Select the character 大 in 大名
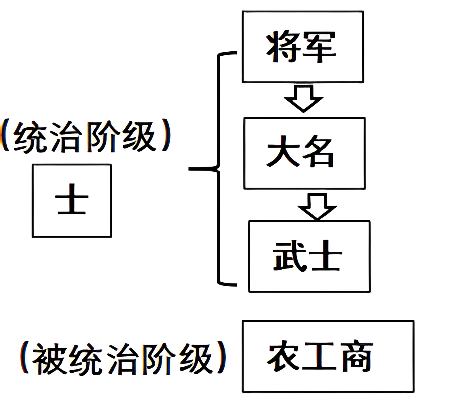click(283, 152)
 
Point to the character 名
click(319, 152)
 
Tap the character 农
click(283, 357)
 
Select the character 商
click(356, 357)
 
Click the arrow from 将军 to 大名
click(304, 98)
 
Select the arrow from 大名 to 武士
click(317, 206)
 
